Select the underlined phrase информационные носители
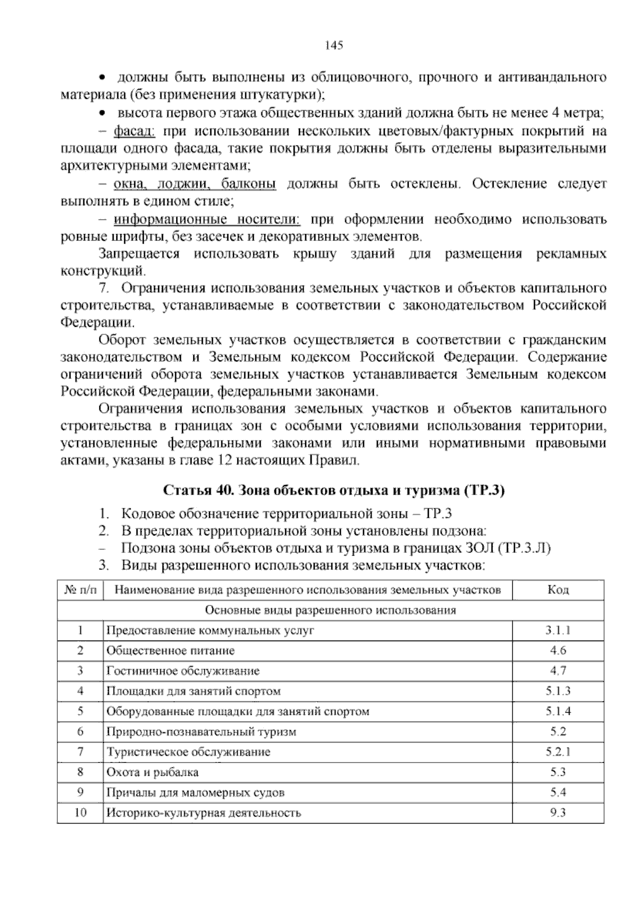click(x=208, y=219)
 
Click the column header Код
click(x=558, y=590)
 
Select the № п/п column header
click(x=81, y=590)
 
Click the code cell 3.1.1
click(x=558, y=630)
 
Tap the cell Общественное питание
click(x=170, y=651)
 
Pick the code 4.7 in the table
click(x=558, y=671)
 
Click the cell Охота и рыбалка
click(x=153, y=772)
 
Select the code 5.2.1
click(x=558, y=751)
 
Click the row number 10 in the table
click(x=81, y=812)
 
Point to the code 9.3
click(x=558, y=812)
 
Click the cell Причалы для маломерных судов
click(x=195, y=793)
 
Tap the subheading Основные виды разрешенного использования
click(x=330, y=610)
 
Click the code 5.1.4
click(x=558, y=711)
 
